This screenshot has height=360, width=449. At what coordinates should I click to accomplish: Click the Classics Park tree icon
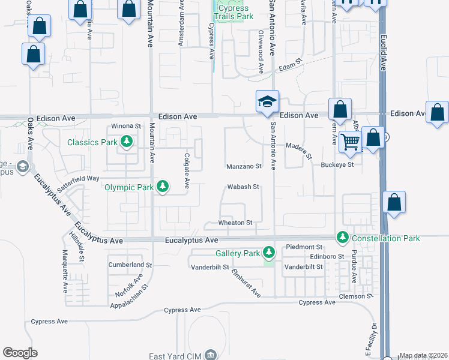[x=126, y=142]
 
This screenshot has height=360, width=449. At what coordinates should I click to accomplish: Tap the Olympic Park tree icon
[x=163, y=187]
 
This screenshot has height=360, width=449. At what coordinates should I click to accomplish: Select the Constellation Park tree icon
[x=343, y=238]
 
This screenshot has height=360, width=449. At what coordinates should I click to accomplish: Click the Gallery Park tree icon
[x=270, y=253]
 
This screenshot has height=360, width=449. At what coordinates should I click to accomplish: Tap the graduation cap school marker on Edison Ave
[x=267, y=102]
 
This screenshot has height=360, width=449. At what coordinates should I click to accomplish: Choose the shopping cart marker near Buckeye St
[x=351, y=143]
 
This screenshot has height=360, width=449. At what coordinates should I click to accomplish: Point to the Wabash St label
[x=243, y=187]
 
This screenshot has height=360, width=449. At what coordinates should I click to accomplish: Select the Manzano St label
[x=244, y=166]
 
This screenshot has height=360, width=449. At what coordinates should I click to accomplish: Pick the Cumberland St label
[x=130, y=265]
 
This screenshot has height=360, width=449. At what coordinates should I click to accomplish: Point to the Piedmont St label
[x=304, y=247]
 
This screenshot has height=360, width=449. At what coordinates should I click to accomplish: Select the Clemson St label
[x=355, y=296]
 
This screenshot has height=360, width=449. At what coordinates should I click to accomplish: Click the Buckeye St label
[x=337, y=164]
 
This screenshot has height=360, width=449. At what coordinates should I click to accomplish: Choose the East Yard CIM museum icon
[x=211, y=355]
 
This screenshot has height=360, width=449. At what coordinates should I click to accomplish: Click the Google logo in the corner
[x=20, y=353]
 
